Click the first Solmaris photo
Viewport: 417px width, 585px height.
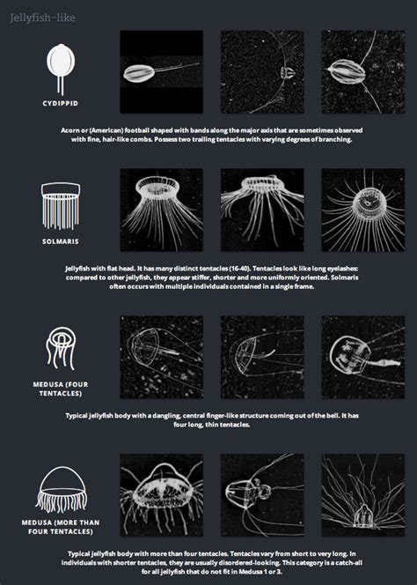161,211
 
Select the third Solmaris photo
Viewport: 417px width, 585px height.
362,211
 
